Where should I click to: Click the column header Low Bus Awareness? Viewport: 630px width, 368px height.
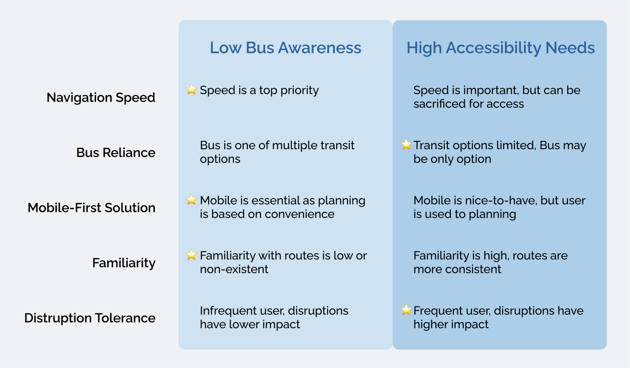(285, 48)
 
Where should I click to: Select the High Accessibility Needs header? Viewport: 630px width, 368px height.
(501, 48)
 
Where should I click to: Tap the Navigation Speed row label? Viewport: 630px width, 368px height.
(101, 97)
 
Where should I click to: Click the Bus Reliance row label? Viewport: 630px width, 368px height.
(116, 153)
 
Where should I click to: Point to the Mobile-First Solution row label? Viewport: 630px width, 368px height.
(91, 208)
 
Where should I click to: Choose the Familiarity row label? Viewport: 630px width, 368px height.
(124, 263)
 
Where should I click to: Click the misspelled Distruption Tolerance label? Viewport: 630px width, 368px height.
(90, 318)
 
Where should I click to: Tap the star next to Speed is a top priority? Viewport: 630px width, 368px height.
(191, 90)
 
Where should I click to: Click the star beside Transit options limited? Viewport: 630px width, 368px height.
(406, 144)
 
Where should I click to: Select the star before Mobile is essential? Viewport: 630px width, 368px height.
(191, 200)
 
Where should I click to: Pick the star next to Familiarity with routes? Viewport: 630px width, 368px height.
(191, 255)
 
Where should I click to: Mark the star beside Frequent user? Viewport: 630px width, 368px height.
(406, 310)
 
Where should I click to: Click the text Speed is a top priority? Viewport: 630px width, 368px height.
(259, 90)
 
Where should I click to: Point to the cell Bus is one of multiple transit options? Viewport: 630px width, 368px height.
(277, 152)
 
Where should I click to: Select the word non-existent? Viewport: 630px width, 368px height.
(234, 269)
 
